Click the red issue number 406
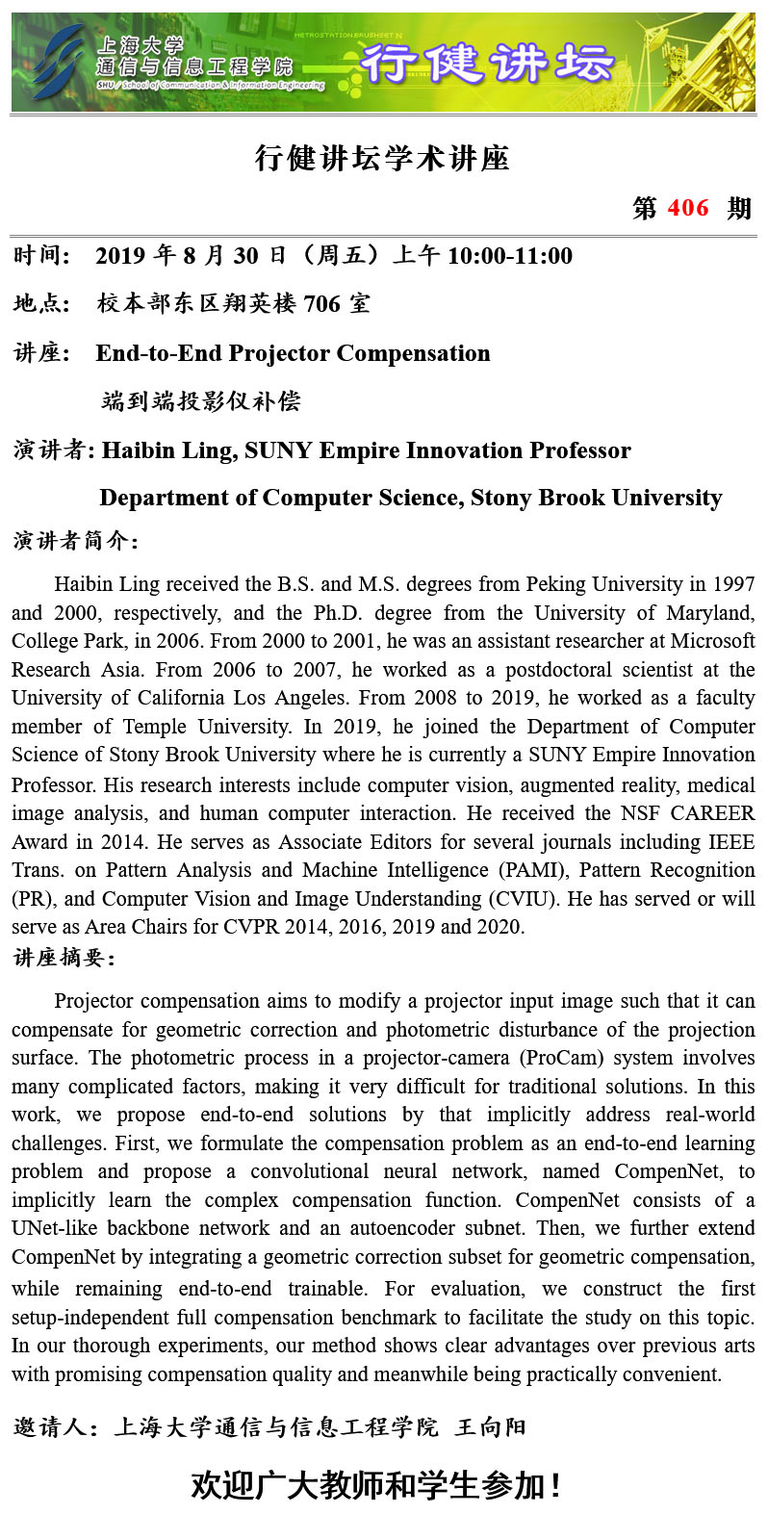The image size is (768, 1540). [x=687, y=208]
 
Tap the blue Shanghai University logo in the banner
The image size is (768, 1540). [x=55, y=60]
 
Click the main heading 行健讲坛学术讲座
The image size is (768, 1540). [x=382, y=158]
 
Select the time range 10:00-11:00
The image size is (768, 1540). [x=509, y=256]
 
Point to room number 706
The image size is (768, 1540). [x=321, y=304]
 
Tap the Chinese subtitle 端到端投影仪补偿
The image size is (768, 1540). [x=201, y=400]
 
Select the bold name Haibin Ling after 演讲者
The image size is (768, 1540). [x=167, y=450]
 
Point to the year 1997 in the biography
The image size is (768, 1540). [x=734, y=584]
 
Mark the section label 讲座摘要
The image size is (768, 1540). [x=64, y=958]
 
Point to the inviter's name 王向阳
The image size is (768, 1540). [x=491, y=1426]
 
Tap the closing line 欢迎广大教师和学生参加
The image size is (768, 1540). [x=375, y=1485]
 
